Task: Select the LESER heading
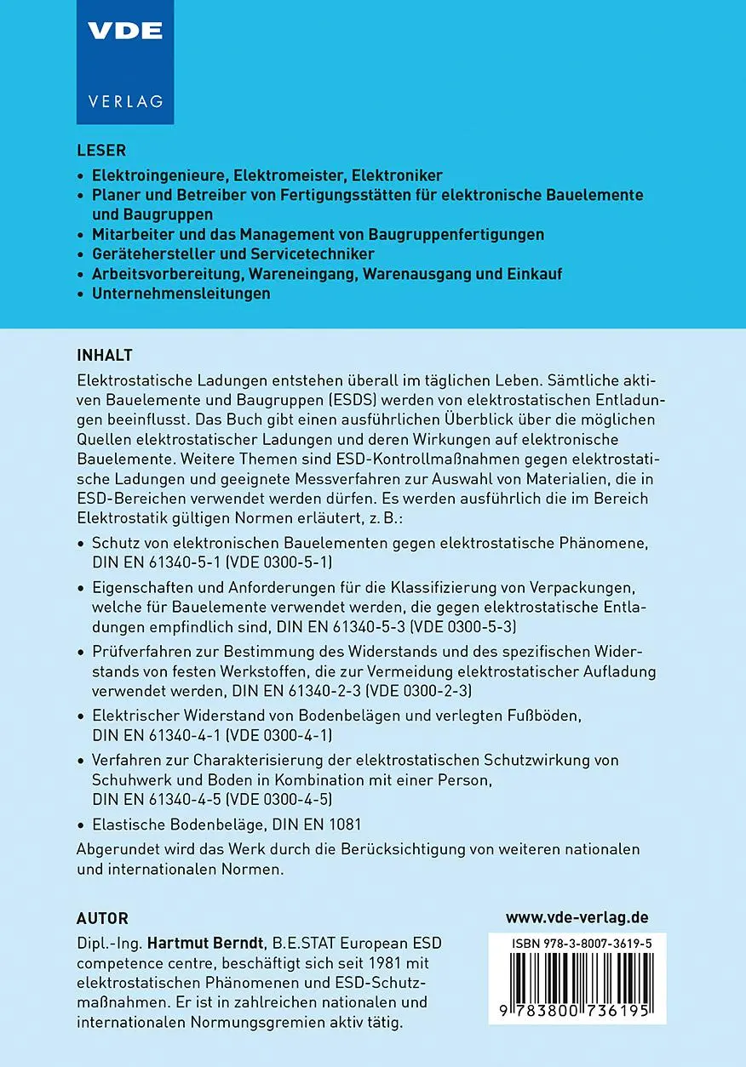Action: tap(101, 151)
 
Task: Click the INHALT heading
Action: tap(105, 354)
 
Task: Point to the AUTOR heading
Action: tap(102, 918)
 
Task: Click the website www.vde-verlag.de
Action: tap(577, 917)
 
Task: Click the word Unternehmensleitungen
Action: tap(181, 294)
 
